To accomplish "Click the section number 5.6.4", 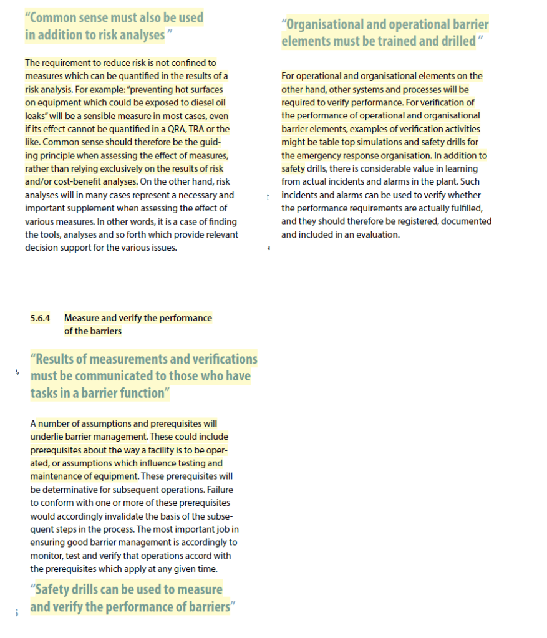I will click(40, 318).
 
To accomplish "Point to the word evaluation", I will click(376, 235).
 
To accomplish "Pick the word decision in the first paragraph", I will click(46, 248).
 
